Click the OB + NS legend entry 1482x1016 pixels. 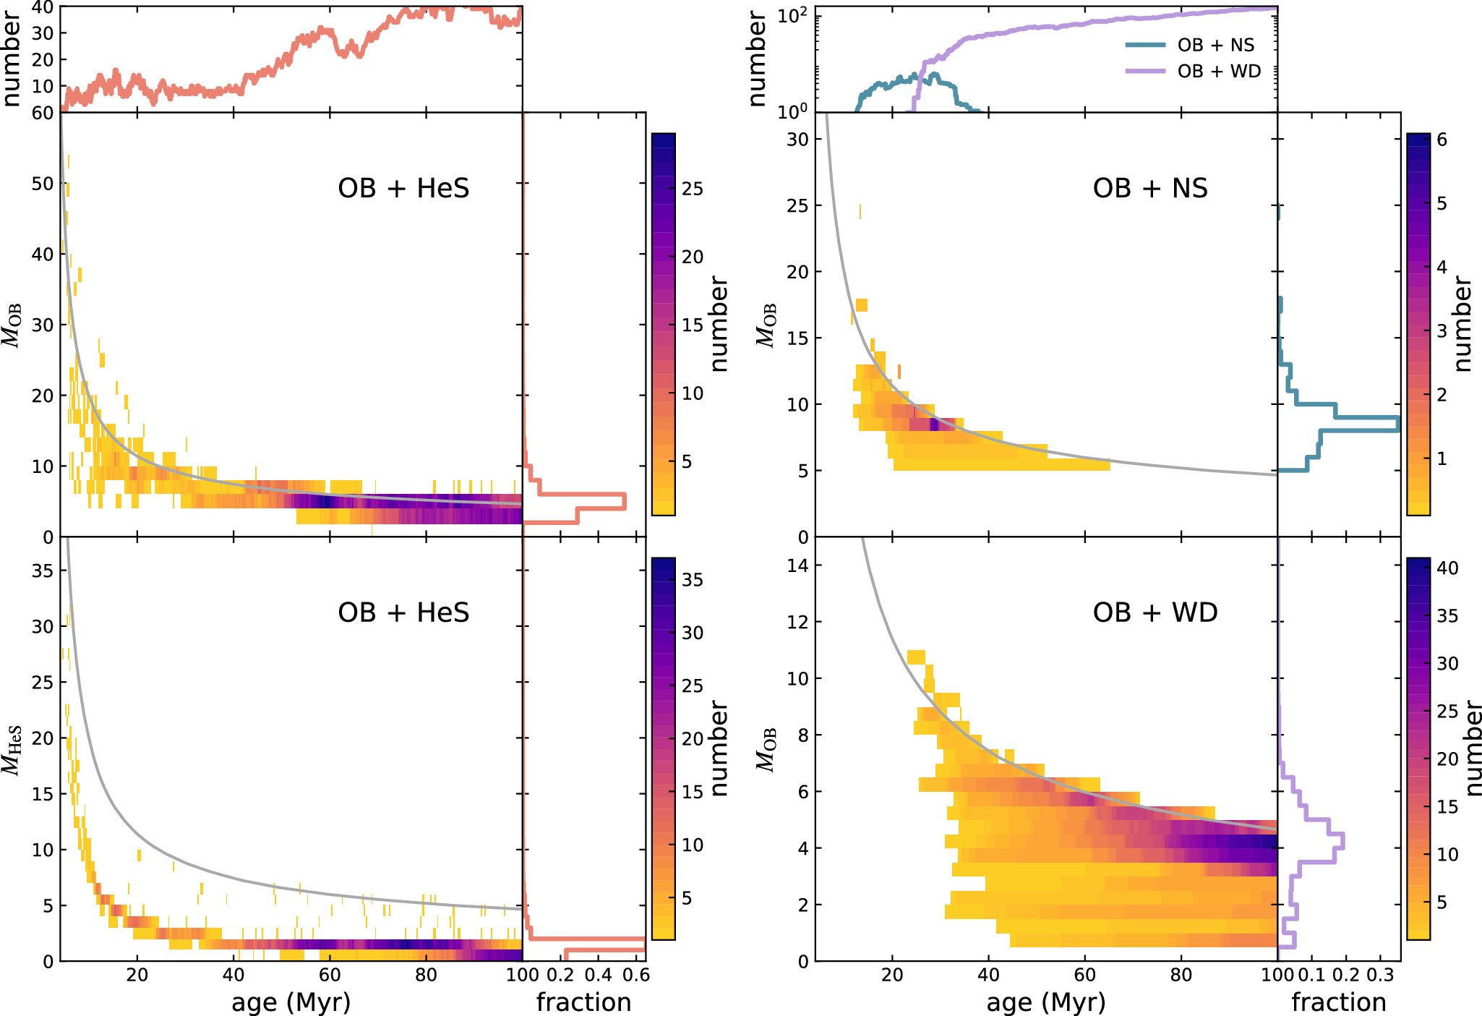click(x=1215, y=45)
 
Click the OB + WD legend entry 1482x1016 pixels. click(x=1218, y=71)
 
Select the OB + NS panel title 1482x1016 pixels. click(x=1149, y=188)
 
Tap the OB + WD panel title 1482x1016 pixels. click(x=1155, y=612)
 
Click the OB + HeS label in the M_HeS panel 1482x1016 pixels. click(x=403, y=612)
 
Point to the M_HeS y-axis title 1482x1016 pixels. click(x=13, y=750)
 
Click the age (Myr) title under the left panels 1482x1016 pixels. click(x=291, y=1002)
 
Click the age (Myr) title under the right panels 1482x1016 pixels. click(x=1045, y=1002)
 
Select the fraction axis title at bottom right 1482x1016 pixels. click(x=1339, y=1002)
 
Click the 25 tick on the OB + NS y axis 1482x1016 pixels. click(x=797, y=205)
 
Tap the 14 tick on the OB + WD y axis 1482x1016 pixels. click(x=797, y=565)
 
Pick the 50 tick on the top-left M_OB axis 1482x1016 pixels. click(x=43, y=184)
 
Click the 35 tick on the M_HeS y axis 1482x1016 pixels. click(x=43, y=571)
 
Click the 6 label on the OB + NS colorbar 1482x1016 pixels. click(x=1442, y=140)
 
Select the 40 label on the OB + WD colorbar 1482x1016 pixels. click(x=1447, y=568)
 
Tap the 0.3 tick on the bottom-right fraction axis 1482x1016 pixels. click(x=1380, y=975)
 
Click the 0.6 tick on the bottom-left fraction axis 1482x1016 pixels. click(x=635, y=975)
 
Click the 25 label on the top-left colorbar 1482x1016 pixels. click(x=693, y=189)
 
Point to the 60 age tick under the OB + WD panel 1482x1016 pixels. click(x=1085, y=975)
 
